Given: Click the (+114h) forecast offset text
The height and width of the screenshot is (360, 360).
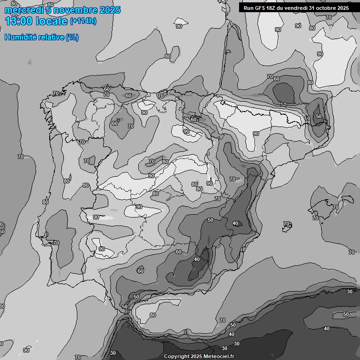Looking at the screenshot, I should tap(84, 22).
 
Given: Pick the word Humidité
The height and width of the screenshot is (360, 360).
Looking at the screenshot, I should tap(20, 37).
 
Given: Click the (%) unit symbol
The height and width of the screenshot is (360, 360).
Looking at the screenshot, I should tap(72, 37).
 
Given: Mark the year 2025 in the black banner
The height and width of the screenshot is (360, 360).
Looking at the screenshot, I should tap(343, 8).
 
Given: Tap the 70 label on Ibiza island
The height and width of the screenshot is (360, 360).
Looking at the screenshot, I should tap(286, 224).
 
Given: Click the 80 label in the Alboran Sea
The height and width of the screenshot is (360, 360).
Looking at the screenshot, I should tap(153, 315).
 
